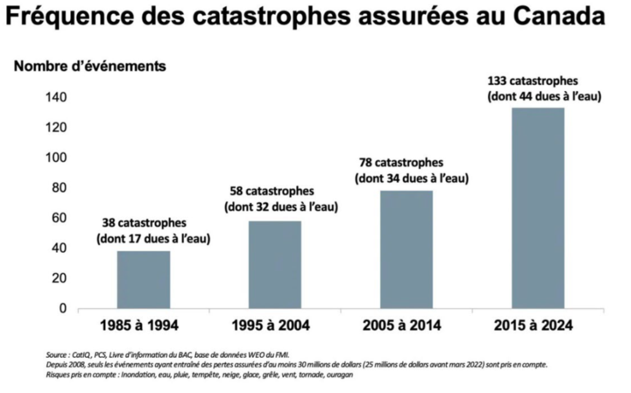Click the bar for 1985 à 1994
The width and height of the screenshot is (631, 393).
[x=143, y=279]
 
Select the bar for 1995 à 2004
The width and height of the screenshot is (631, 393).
[x=275, y=264]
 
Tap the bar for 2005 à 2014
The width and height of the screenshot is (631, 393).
[x=406, y=249]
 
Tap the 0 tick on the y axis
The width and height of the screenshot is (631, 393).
[x=62, y=308]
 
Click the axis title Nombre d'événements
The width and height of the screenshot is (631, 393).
[x=90, y=66]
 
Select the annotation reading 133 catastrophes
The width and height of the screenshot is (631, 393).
[x=533, y=81]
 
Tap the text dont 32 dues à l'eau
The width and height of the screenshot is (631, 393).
[x=282, y=207]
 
